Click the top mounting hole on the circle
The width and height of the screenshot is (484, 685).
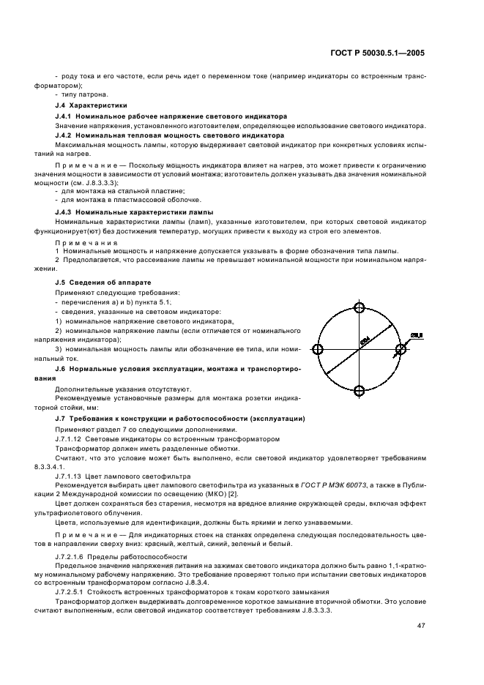(359, 307)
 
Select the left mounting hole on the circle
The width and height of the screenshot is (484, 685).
(318, 349)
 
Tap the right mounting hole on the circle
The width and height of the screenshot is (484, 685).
(401, 349)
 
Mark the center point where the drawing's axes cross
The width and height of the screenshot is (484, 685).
(359, 349)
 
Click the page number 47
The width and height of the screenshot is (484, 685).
(421, 625)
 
